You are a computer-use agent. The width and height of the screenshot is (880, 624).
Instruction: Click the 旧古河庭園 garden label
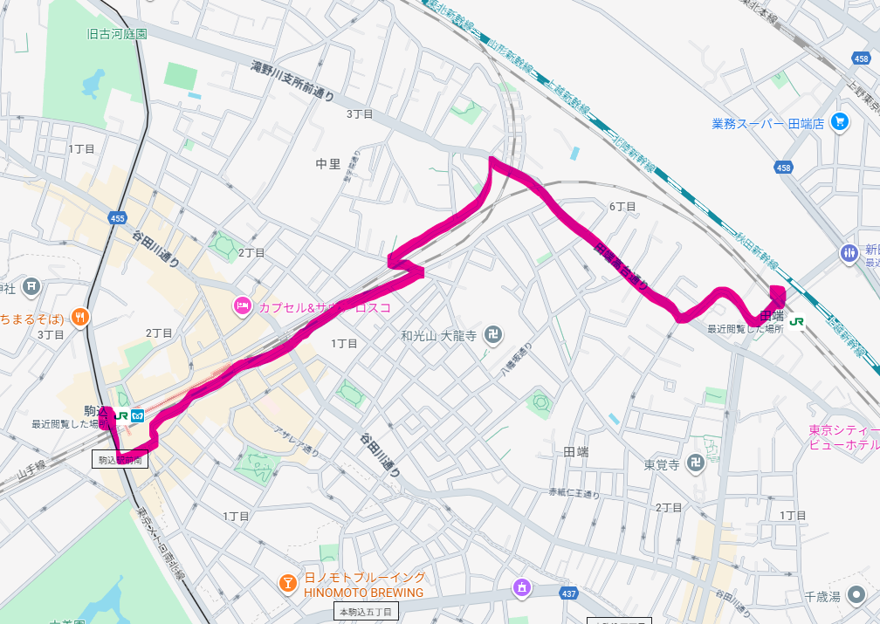116,34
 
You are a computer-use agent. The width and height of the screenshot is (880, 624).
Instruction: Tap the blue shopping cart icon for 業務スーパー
840,122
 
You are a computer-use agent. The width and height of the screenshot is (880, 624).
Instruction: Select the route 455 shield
117,217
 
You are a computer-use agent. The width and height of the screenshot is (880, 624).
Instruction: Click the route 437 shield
569,593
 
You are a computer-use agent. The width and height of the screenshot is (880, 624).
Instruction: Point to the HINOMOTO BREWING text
363,593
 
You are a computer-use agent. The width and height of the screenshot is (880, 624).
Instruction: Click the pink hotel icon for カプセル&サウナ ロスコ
242,306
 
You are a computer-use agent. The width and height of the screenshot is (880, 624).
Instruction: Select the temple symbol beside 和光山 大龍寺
494,335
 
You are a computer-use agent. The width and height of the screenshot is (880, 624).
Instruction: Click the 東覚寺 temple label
662,465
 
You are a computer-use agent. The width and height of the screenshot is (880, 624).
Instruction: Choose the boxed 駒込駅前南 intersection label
120,457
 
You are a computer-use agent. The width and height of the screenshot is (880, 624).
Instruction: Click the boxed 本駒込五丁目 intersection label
366,612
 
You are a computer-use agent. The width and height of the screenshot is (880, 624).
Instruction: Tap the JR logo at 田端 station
797,320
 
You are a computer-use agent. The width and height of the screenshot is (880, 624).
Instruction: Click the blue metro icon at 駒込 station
138,416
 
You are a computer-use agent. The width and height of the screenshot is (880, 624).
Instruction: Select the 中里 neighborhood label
328,163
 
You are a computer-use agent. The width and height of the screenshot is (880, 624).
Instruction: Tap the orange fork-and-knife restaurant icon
79,316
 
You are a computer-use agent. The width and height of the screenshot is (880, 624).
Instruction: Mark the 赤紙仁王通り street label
574,494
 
